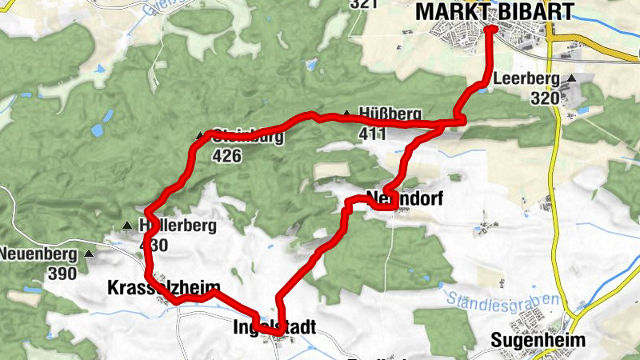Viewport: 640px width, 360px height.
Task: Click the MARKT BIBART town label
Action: tap(494, 11)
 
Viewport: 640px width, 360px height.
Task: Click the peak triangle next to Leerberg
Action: tap(572, 78)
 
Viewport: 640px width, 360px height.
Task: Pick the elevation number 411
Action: tap(373, 134)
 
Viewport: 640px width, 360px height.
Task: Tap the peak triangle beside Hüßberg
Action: tap(346, 114)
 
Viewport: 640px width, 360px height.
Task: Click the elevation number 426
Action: tap(227, 156)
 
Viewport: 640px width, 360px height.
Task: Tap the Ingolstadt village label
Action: tap(274, 327)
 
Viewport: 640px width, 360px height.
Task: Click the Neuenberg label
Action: tap(39, 255)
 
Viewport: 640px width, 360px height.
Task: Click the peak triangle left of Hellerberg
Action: tap(126, 226)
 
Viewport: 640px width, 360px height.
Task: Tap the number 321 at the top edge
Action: tap(363, 4)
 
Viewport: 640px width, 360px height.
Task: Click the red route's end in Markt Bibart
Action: tap(490, 29)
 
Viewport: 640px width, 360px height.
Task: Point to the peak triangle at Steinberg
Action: tap(200, 135)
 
